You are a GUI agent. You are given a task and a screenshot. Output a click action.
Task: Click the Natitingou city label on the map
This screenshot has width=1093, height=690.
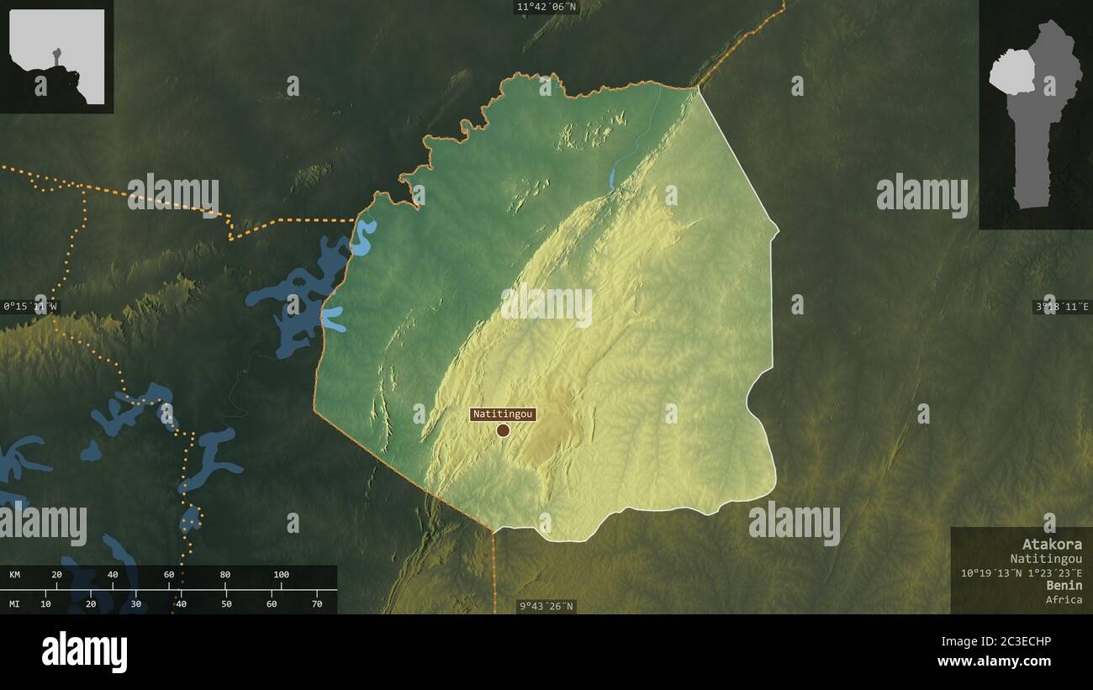pyautogui.click(x=503, y=414)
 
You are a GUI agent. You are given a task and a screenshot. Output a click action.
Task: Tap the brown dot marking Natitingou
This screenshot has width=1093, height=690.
pyautogui.click(x=503, y=430)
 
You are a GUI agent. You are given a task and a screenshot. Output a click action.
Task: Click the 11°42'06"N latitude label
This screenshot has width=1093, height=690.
pyautogui.click(x=546, y=8)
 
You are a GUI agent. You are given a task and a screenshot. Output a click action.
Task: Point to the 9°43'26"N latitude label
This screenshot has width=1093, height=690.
pyautogui.click(x=546, y=606)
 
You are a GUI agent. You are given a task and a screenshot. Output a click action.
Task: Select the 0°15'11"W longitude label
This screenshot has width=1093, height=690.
pyautogui.click(x=30, y=307)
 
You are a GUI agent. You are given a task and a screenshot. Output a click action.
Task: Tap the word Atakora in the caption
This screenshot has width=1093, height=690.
pyautogui.click(x=1052, y=544)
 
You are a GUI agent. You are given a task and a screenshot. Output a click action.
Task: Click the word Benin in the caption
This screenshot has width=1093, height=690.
pyautogui.click(x=1064, y=585)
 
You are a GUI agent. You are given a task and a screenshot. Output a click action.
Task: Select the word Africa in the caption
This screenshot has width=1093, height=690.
pyautogui.click(x=1064, y=599)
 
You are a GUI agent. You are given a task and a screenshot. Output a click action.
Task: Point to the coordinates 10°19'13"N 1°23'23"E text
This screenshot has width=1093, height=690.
pyautogui.click(x=1022, y=572)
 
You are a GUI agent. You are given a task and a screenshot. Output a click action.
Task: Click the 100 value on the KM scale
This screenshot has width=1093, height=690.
pyautogui.click(x=281, y=575)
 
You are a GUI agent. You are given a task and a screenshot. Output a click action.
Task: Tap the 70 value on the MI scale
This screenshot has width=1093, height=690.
pyautogui.click(x=317, y=603)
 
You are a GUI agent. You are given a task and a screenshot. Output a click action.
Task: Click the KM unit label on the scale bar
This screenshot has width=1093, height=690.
pyautogui.click(x=14, y=575)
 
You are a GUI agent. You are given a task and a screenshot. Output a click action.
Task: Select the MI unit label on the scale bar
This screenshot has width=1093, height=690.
pyautogui.click(x=14, y=603)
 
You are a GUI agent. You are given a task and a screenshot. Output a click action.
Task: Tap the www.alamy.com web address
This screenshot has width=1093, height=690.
pyautogui.click(x=995, y=662)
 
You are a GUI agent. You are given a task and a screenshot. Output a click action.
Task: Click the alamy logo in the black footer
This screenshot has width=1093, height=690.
pyautogui.click(x=85, y=652)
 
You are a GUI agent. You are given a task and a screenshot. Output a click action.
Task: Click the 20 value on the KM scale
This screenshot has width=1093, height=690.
pyautogui.click(x=56, y=575)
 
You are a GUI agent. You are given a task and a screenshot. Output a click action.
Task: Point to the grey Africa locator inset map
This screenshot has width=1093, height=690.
pyautogui.click(x=56, y=55)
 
